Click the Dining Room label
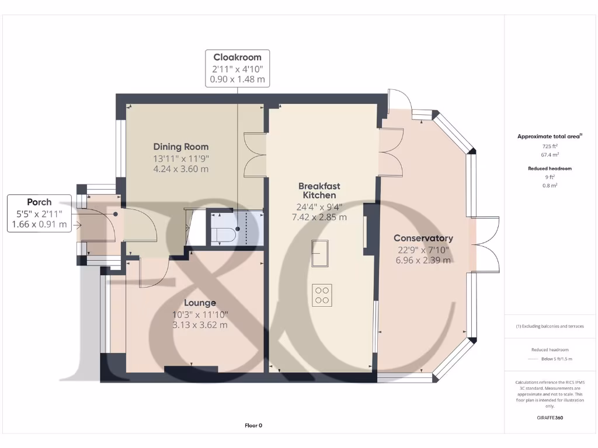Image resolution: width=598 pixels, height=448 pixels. click(x=180, y=146)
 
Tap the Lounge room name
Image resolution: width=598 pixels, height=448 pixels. click(x=200, y=303)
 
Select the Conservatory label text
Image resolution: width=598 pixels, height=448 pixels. click(x=423, y=238)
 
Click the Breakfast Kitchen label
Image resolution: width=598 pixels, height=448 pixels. click(x=319, y=191)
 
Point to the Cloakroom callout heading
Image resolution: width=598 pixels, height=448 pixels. click(x=237, y=57)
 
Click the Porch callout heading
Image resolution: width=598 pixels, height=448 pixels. click(x=39, y=202)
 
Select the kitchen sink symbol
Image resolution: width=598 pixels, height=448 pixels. click(x=319, y=253)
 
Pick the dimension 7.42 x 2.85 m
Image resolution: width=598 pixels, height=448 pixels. click(x=319, y=217)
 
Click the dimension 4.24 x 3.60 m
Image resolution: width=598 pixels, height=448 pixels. click(x=180, y=169)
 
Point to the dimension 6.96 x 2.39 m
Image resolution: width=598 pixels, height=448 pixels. click(x=423, y=260)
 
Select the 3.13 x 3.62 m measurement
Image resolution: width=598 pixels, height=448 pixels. click(x=200, y=325)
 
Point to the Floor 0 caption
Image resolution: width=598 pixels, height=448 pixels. click(x=253, y=425)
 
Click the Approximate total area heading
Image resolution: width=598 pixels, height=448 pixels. click(x=548, y=136)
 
